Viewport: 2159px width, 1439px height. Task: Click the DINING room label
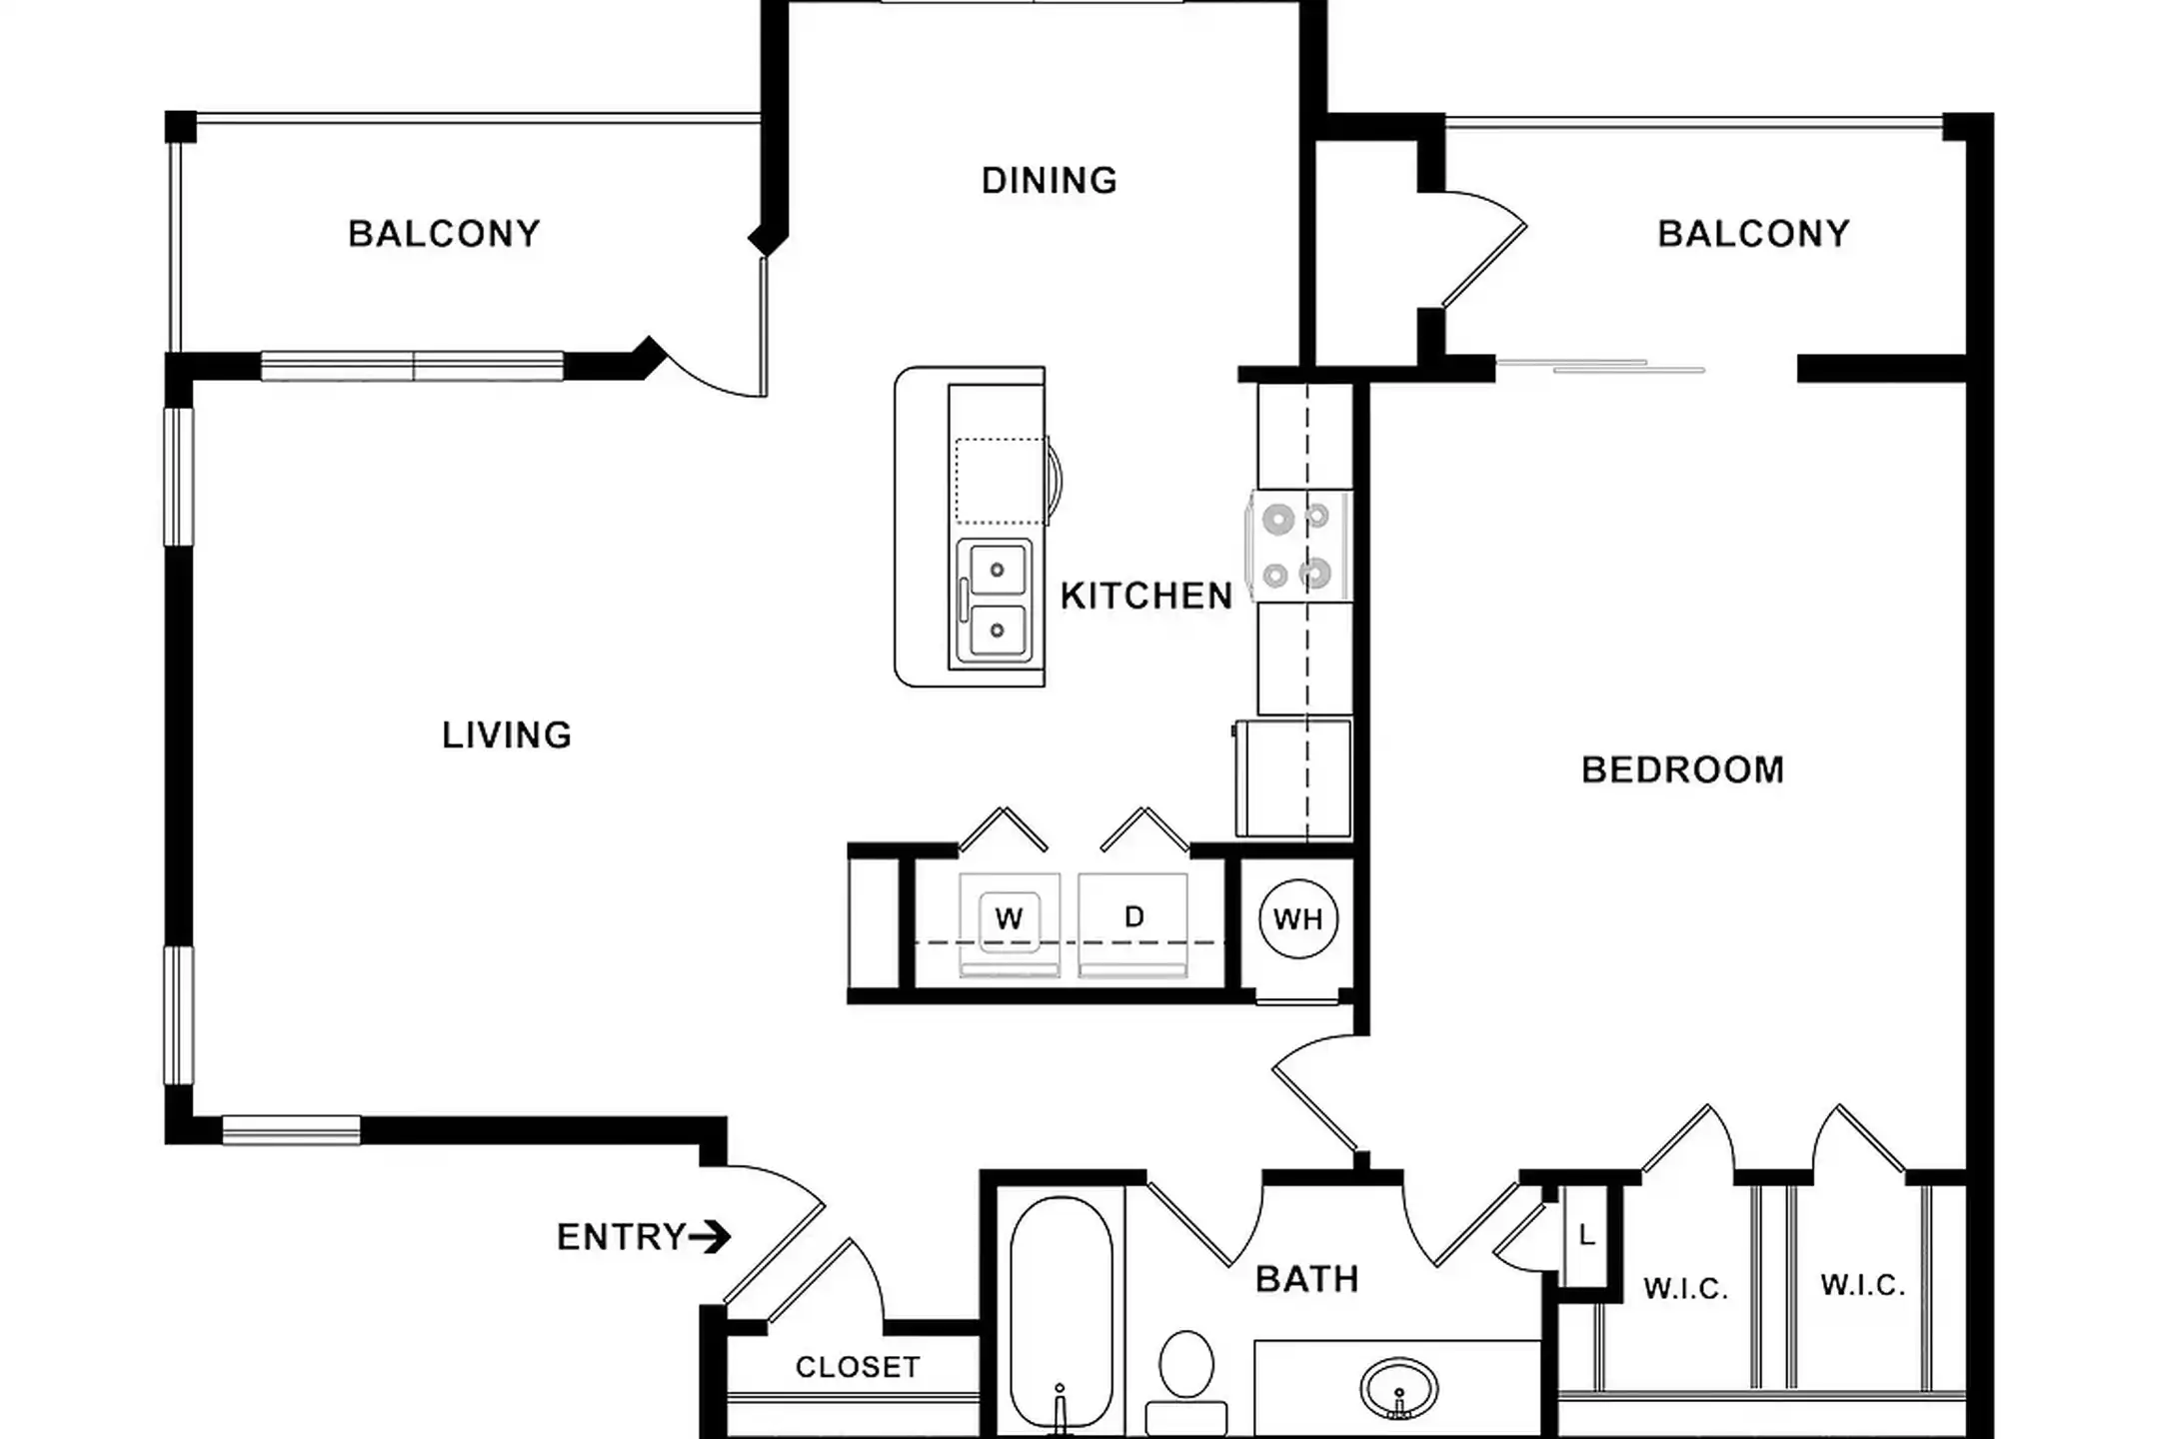pos(1049,181)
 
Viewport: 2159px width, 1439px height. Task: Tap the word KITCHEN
pos(1146,597)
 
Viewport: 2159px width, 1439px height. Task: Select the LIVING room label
pos(507,735)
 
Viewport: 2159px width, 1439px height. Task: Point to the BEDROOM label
pos(1682,769)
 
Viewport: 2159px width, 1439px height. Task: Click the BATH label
pos(1306,1279)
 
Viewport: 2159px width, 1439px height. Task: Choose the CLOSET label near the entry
pos(858,1367)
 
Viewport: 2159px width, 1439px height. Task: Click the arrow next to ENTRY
pos(710,1238)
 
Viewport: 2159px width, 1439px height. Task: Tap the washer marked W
pos(1009,924)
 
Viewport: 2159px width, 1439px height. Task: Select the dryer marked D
pos(1133,924)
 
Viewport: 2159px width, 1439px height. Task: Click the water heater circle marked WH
pos(1297,918)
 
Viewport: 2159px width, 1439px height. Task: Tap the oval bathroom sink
pos(1398,1388)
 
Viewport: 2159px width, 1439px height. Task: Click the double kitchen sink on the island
pos(994,601)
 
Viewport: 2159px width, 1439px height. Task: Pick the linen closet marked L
pos(1586,1236)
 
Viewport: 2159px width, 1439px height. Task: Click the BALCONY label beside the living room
pos(444,234)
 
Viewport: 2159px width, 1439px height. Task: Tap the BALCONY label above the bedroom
pos(1753,234)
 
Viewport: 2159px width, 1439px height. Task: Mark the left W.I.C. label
pos(1685,1289)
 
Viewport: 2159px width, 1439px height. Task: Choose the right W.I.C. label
pos(1862,1285)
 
